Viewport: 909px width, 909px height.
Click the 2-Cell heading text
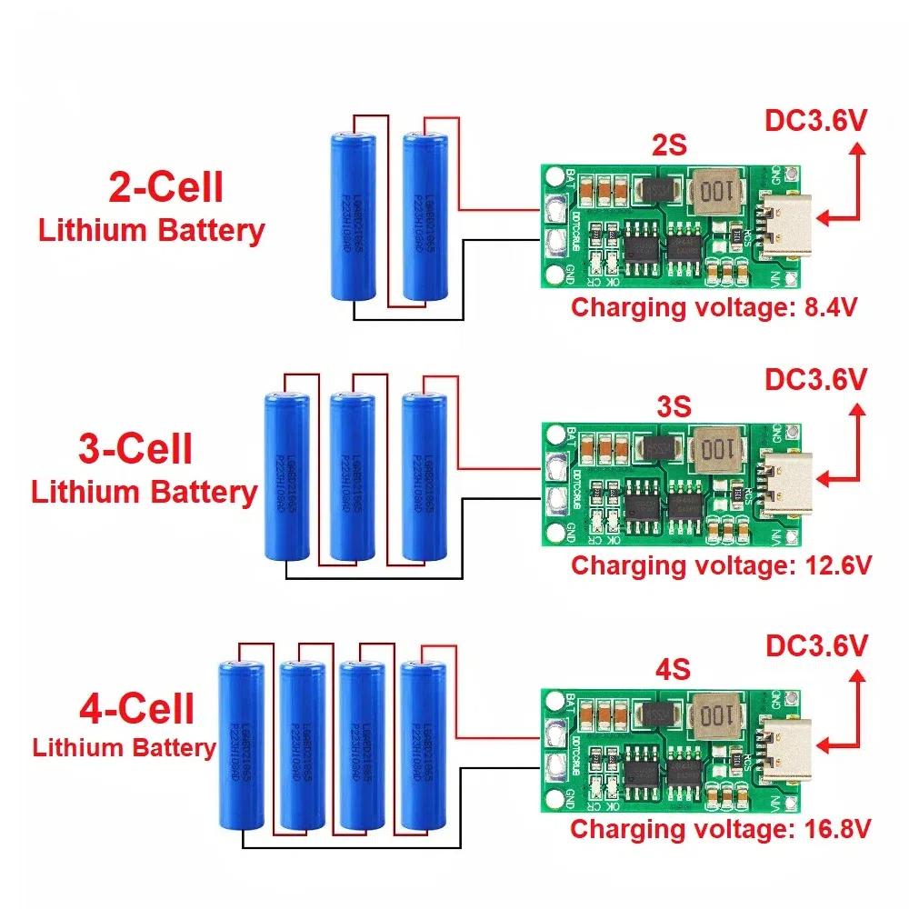pyautogui.click(x=165, y=188)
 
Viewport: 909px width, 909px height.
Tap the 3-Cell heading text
pyautogui.click(x=135, y=449)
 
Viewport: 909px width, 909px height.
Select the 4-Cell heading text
pyautogui.click(x=137, y=708)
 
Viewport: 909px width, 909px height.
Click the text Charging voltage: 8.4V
pyautogui.click(x=715, y=306)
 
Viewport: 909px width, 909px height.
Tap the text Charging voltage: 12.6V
pyautogui.click(x=721, y=565)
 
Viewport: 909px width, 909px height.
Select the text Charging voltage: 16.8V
pyautogui.click(x=721, y=828)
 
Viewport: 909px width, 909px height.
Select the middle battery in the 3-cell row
pyautogui.click(x=353, y=476)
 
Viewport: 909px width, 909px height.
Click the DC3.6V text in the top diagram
pyautogui.click(x=814, y=121)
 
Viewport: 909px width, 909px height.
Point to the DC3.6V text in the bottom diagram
pyautogui.click(x=814, y=646)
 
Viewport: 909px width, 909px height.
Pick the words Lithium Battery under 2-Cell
pyautogui.click(x=151, y=230)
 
